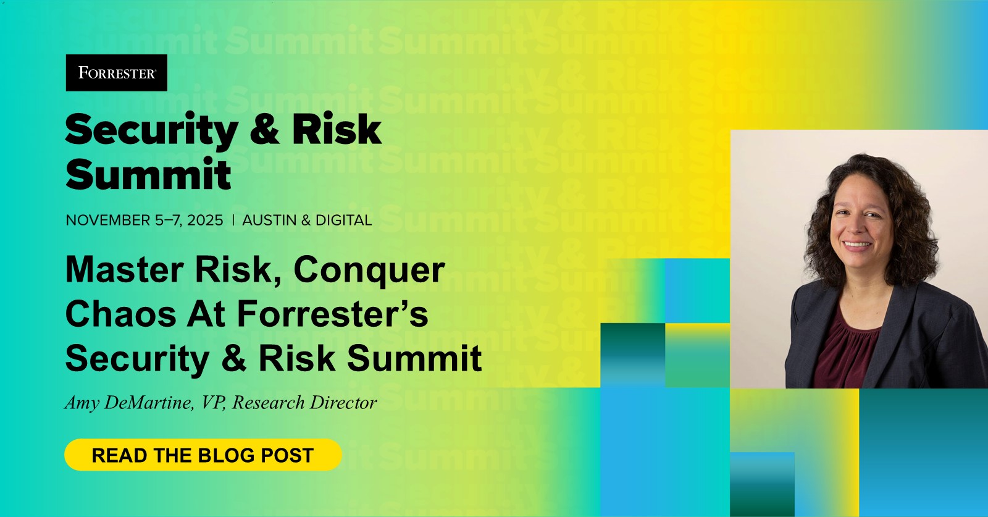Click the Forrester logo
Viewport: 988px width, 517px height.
click(x=117, y=73)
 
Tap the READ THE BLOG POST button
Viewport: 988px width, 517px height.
click(x=203, y=455)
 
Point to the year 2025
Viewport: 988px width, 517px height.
click(x=205, y=220)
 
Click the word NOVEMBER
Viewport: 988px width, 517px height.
click(x=108, y=220)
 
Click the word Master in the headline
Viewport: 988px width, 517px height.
click(x=124, y=269)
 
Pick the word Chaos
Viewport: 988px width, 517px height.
click(x=121, y=314)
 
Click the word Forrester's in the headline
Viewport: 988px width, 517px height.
click(x=333, y=314)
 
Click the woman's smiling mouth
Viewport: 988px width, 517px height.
click(x=856, y=245)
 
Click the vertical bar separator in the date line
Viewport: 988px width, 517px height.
click(x=233, y=220)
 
